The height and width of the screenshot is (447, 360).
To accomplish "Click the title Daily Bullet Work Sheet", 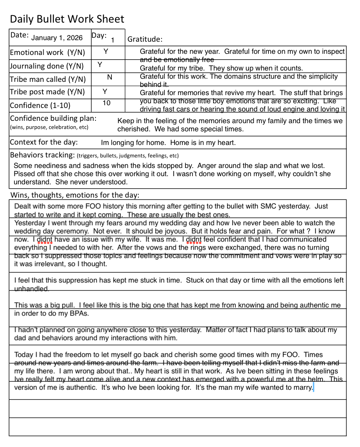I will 67,19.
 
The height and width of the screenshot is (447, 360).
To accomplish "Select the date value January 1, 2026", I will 57,38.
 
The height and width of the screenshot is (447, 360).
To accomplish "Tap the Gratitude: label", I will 145,39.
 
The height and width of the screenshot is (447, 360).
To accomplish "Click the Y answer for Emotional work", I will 106,51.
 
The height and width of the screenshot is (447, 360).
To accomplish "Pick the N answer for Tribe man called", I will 109,77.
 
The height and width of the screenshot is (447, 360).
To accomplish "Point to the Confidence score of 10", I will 106,103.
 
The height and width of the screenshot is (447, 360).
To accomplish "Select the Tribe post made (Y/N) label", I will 47,92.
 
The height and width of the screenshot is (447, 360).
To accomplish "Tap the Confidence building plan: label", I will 53,118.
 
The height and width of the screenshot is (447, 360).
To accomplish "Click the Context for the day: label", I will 44,142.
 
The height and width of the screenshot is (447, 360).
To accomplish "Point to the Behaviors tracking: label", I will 42,155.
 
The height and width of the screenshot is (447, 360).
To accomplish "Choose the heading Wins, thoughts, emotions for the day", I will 75,195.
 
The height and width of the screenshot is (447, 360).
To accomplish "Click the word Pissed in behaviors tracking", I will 24,174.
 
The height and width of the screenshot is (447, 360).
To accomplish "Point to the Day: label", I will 99,35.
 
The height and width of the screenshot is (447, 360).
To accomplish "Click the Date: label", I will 19,35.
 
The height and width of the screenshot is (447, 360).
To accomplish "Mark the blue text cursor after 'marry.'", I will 313,387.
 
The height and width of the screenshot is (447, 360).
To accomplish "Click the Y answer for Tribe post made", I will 105,91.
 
